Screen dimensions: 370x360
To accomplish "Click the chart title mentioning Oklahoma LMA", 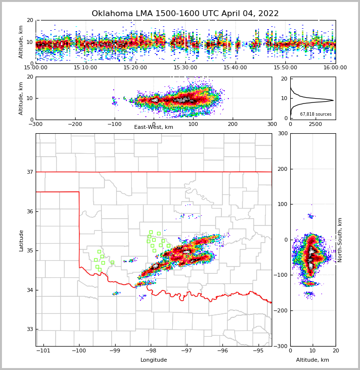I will pos(185,14).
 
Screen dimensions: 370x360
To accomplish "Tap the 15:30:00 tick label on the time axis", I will pos(185,68).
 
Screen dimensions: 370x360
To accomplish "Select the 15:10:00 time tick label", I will pos(85,68).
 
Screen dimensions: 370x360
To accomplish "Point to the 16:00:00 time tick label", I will pos(335,68).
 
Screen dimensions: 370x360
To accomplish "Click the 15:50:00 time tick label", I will pos(285,68).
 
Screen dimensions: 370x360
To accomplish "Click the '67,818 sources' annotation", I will pos(316,114).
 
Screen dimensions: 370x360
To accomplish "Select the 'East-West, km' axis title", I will pos(154,127).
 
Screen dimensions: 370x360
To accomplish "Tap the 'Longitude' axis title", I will pos(154,360).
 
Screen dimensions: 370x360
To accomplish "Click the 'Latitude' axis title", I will pos(21,240).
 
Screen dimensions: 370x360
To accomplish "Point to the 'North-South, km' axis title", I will pos(340,240).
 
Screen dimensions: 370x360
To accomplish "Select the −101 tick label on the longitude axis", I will pos(43,351).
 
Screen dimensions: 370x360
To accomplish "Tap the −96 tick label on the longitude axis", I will pos(222,351).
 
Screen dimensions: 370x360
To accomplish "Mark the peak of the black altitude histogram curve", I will pos(333,101).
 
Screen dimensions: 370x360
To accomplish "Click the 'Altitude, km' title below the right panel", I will pos(313,360).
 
